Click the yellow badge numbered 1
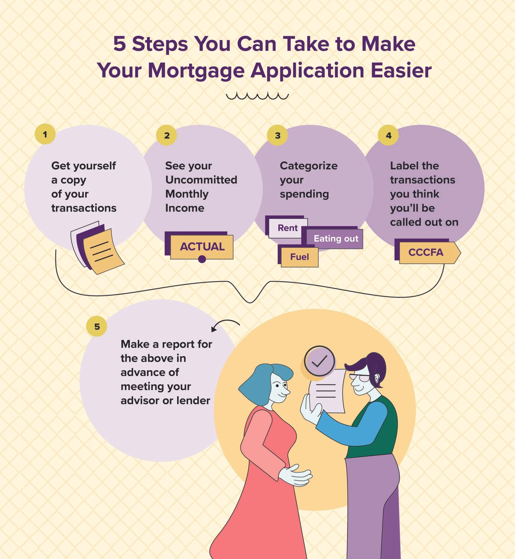(x=45, y=134)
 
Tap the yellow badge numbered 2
(x=166, y=135)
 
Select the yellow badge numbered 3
(x=277, y=135)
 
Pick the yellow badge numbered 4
(x=388, y=135)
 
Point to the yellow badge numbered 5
(x=97, y=326)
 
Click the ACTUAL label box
(x=202, y=247)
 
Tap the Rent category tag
(x=288, y=228)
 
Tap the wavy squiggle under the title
(x=257, y=96)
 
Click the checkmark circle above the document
(x=319, y=361)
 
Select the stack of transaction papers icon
(x=97, y=248)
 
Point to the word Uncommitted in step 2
(x=201, y=180)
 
